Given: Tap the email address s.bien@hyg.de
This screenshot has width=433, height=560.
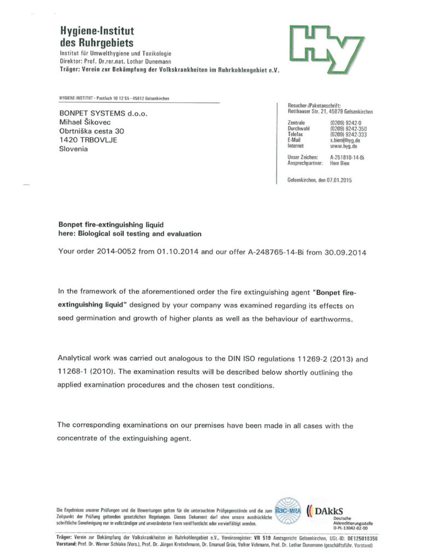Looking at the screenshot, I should [345, 141].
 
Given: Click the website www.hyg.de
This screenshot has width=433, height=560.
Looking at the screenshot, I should [343, 147].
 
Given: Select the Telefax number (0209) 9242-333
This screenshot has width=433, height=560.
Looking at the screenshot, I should [348, 135].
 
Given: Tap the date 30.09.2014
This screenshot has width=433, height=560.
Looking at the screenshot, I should [345, 253].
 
